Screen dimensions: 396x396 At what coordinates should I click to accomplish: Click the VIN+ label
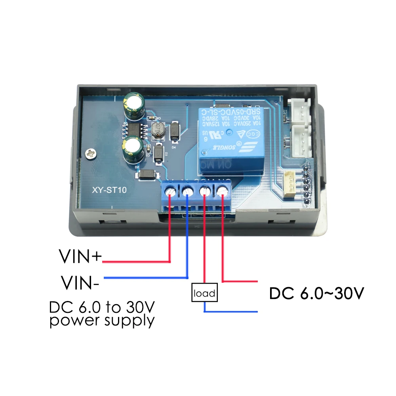click(x=81, y=256)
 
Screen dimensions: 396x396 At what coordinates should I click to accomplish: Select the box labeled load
click(x=205, y=293)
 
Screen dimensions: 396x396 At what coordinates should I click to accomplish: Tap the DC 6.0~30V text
click(x=316, y=293)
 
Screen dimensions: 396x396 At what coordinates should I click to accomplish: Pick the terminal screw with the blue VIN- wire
click(x=187, y=191)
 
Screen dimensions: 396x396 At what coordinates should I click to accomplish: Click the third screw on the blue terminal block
click(x=205, y=191)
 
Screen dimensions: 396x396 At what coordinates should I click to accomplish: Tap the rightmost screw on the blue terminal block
click(x=222, y=191)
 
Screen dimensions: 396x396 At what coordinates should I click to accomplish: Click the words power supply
click(x=102, y=320)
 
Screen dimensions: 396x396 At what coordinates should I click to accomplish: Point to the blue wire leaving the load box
click(x=230, y=311)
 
